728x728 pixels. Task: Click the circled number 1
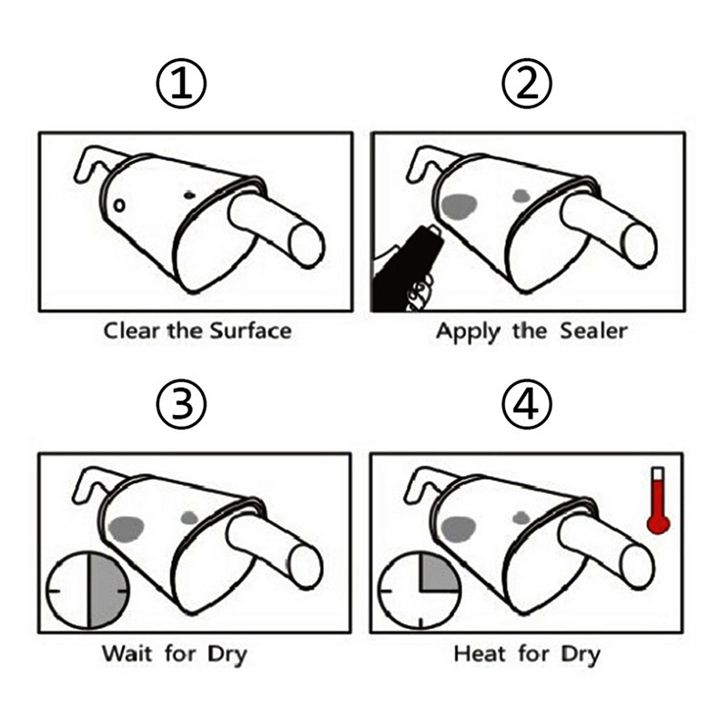181,84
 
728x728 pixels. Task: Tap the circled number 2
527,84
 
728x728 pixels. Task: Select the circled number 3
181,404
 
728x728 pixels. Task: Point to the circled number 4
527,404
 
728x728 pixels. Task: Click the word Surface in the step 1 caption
251,331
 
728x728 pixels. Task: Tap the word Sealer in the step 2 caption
594,331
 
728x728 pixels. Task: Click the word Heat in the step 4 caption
480,653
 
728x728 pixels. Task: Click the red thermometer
658,500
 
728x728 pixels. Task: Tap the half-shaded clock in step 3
87,590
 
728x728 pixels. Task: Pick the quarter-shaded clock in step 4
420,591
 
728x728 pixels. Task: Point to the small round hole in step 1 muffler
119,206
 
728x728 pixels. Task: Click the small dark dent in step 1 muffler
189,195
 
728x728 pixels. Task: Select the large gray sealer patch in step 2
460,207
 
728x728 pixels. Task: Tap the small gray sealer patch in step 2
521,197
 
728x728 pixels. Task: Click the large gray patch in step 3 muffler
126,529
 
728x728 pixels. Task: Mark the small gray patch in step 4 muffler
521,517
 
